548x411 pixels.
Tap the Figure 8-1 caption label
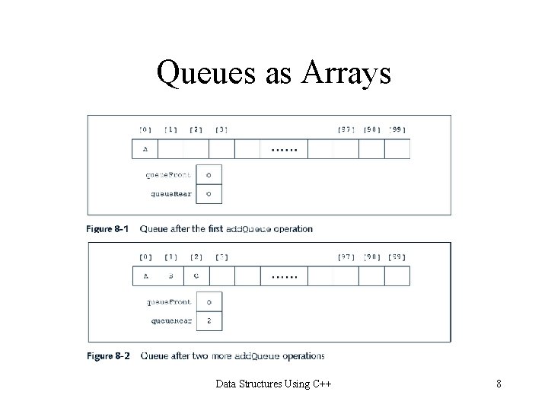[x=108, y=228]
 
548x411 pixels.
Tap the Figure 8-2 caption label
[x=108, y=355]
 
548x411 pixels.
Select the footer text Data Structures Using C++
[x=272, y=384]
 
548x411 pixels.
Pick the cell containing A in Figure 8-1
[x=145, y=150]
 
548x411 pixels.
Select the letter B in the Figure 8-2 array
[x=171, y=276]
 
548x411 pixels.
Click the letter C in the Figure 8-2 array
[x=196, y=276]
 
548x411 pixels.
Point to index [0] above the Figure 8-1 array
[x=145, y=129]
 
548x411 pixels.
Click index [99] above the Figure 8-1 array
[x=397, y=129]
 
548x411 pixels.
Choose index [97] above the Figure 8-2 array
[x=346, y=257]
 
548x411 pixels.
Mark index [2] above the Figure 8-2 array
[x=196, y=257]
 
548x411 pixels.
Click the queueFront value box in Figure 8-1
[x=209, y=174]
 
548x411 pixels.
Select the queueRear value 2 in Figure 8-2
[x=209, y=321]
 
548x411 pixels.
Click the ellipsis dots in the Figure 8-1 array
[x=285, y=150]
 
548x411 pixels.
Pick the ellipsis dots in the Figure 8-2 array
[x=285, y=276]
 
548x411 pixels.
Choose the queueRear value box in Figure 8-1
[x=209, y=194]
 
